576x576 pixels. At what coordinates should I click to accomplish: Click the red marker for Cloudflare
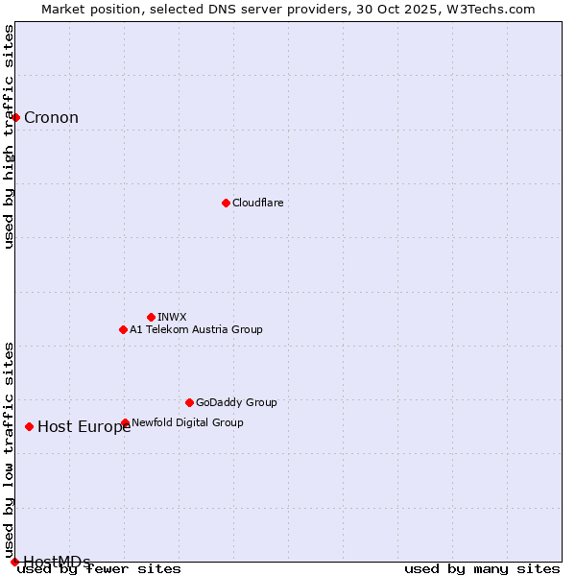coord(226,203)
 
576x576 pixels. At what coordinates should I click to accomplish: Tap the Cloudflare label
coord(257,203)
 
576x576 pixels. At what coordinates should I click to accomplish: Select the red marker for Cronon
coord(16,117)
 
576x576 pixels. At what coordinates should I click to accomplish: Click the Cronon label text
coord(51,118)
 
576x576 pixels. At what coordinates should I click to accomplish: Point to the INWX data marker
coord(151,317)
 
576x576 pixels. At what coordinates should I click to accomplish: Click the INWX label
coord(172,317)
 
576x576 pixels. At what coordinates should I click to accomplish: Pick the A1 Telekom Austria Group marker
coord(123,329)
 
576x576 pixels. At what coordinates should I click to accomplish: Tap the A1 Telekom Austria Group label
coord(196,329)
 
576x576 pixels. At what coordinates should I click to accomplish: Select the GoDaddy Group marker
coord(189,402)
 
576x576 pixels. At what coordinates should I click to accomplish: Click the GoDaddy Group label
coord(236,402)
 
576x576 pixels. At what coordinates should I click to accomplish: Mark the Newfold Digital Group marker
coord(126,422)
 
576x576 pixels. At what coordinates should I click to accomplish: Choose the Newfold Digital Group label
coord(187,422)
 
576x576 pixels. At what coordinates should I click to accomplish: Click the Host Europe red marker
coord(30,426)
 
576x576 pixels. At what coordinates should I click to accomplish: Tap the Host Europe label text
coord(84,427)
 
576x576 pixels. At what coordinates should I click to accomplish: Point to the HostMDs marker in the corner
coord(14,562)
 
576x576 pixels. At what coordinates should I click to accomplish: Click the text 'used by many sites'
coord(482,569)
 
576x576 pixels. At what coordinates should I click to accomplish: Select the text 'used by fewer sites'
coord(100,569)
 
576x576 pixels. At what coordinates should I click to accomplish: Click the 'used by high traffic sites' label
coord(10,136)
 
